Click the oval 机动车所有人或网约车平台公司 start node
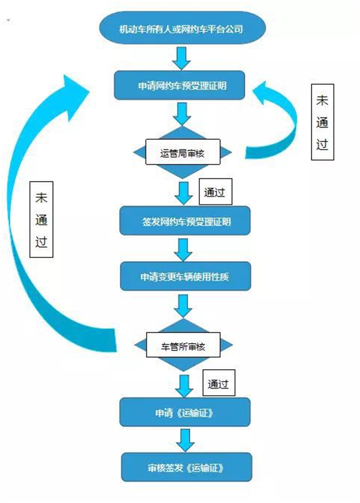182,28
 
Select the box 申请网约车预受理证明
180,85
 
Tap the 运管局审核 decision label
183,152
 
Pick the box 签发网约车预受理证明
185,220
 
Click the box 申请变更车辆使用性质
185,276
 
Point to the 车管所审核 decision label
184,345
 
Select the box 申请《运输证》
185,412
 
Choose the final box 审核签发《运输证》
187,467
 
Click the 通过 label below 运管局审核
215,192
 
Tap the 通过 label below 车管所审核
219,383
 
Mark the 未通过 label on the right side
323,122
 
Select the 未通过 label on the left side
41,219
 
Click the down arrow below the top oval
182,58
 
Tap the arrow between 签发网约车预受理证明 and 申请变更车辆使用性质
184,250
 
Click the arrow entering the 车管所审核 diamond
184,306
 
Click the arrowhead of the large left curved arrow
74,93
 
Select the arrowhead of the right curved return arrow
264,93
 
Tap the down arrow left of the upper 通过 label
184,193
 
